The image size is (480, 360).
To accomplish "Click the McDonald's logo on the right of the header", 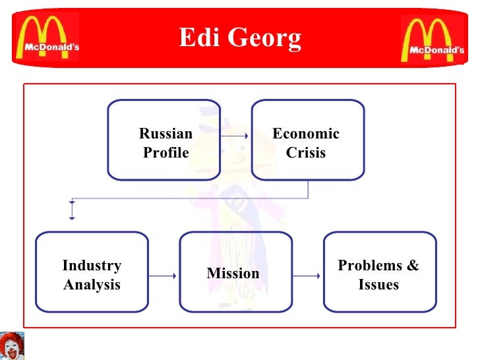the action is click(432, 38).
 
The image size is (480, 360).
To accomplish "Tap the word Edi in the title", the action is click(196, 38).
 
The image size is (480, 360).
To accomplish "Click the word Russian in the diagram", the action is click(165, 134).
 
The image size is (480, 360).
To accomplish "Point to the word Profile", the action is click(165, 153).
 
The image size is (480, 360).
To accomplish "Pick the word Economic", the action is click(306, 134).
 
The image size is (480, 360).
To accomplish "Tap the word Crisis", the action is click(306, 153).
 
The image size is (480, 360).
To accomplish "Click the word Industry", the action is click(92, 266).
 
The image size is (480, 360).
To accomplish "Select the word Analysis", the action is click(92, 285).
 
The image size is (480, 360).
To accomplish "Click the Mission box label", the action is click(233, 273).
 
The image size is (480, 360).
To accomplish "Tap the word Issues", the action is click(378, 285).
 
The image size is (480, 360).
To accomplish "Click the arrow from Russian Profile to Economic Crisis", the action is click(235, 136).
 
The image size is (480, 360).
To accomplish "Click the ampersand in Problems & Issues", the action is click(413, 266).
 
